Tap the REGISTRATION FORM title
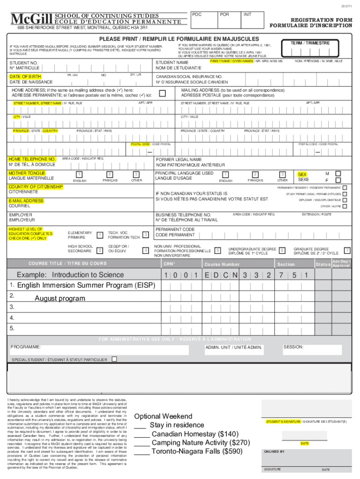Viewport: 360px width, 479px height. pos(321,20)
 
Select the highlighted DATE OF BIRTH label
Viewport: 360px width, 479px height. pos(25,76)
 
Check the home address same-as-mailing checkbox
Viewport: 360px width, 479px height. pos(162,93)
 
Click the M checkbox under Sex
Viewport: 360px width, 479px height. pos(339,174)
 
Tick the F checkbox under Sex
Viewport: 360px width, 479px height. pos(339,180)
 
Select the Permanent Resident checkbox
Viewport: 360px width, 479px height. pos(345,188)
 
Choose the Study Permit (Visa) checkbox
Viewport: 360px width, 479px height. pos(345,194)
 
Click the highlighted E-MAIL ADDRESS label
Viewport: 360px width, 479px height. pos(26,201)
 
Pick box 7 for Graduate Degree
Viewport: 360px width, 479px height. pos(347,251)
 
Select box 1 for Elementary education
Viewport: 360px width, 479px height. pos(100,234)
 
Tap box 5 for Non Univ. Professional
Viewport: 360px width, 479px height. pos(218,251)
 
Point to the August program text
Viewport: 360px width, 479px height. pos(60,298)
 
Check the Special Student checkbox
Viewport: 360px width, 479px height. pos(114,359)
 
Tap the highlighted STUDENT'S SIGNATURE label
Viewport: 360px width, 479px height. pos(283,421)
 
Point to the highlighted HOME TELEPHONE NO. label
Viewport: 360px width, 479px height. pos(32,159)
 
